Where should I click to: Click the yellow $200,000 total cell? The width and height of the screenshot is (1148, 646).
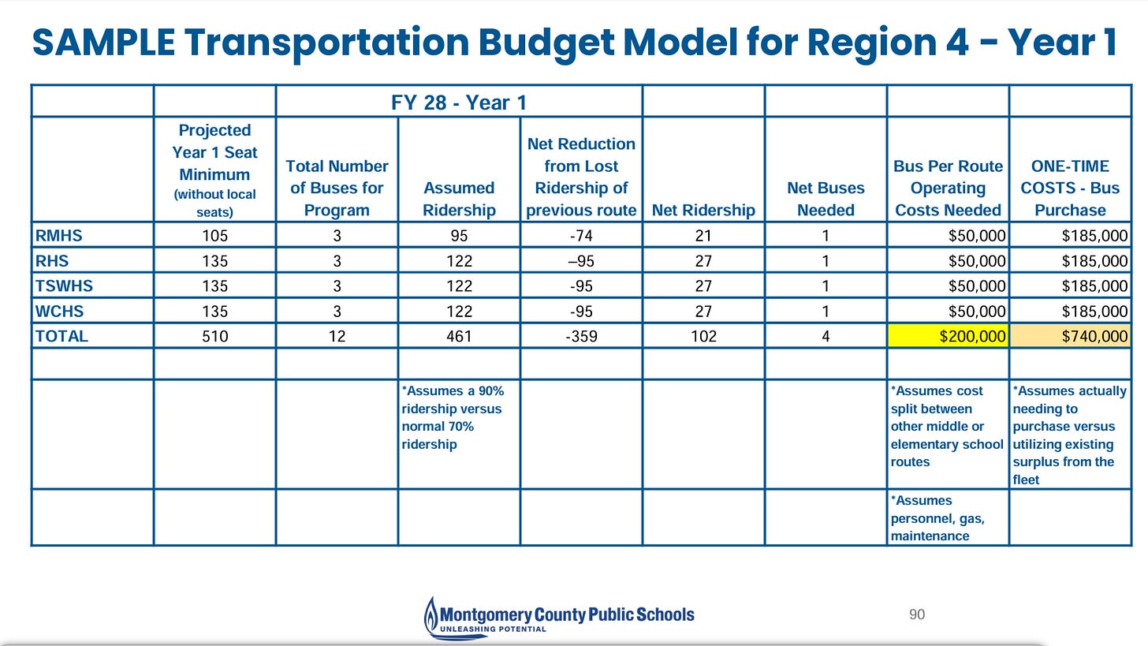948,336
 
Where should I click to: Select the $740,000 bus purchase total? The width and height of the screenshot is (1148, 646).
1070,336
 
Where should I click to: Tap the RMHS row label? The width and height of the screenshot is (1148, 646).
59,235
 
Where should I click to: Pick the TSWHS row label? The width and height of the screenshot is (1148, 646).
64,286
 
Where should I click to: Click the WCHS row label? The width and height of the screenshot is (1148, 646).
60,311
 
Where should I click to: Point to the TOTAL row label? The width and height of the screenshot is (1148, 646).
61,336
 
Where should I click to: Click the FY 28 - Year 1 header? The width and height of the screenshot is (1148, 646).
459,102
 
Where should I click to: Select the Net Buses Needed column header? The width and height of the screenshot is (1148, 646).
826,199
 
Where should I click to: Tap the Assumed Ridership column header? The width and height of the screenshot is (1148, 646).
459,199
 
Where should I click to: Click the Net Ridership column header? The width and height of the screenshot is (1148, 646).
703,210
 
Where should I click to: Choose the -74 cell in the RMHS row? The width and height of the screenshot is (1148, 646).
581,235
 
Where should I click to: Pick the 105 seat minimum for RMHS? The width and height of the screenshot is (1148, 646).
214,235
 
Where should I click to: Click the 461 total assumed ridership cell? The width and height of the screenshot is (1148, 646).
459,336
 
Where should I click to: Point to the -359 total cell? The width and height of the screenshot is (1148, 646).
581,336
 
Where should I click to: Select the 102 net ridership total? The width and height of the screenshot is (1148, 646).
703,336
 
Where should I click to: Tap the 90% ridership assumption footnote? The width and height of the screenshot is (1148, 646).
453,417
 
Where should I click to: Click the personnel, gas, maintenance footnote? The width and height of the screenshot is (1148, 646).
937,518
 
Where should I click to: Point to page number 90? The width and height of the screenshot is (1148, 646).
916,614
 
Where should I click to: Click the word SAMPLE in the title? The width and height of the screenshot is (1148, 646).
103,42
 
